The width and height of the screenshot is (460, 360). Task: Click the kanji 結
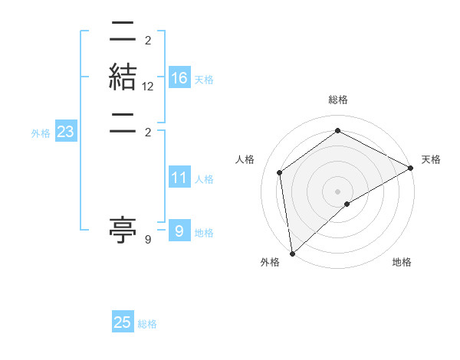123,78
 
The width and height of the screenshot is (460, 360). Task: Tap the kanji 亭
123,229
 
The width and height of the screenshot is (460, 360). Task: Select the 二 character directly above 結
123,33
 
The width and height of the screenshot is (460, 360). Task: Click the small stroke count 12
148,87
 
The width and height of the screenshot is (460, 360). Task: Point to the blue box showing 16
179,78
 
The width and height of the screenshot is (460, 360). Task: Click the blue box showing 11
179,178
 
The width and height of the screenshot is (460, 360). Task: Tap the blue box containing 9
179,231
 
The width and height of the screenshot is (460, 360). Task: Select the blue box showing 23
65,132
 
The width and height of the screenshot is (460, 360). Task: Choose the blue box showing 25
123,322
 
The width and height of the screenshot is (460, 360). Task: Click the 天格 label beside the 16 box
204,80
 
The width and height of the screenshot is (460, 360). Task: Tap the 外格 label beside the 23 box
41,133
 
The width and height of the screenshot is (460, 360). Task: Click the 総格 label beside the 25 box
147,324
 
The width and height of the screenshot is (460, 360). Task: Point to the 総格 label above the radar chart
337,100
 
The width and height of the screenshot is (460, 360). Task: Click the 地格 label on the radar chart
402,263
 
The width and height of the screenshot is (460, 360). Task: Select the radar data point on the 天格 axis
411,169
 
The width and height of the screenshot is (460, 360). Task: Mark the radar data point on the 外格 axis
292,253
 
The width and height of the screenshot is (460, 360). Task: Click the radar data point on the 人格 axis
280,172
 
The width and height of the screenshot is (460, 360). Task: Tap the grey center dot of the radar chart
337,191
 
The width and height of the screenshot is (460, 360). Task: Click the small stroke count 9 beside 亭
148,240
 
